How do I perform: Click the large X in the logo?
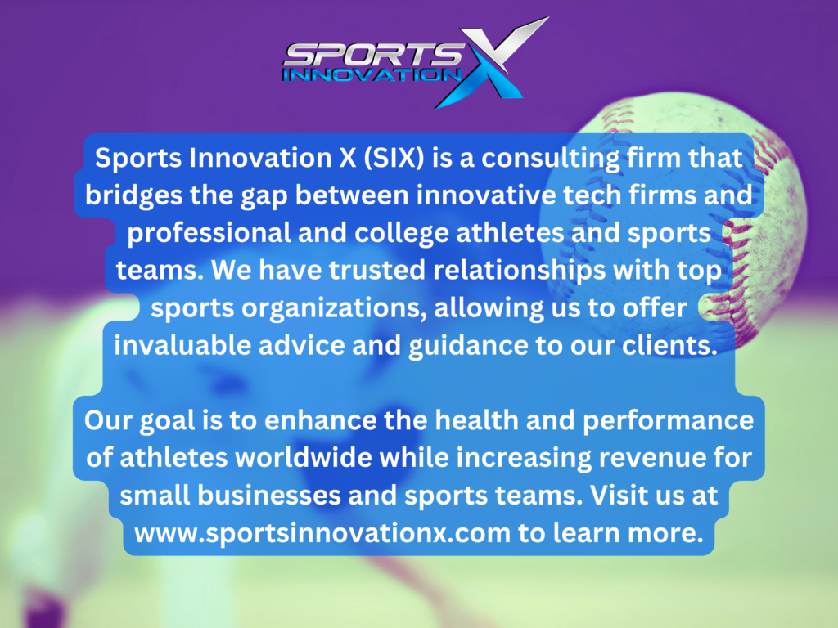coord(489,62)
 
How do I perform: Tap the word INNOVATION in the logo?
coord(372,74)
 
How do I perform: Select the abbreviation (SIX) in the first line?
coord(394,158)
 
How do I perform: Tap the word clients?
coord(669,346)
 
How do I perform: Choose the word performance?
coord(668,421)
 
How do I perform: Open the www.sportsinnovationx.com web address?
coord(322,533)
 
